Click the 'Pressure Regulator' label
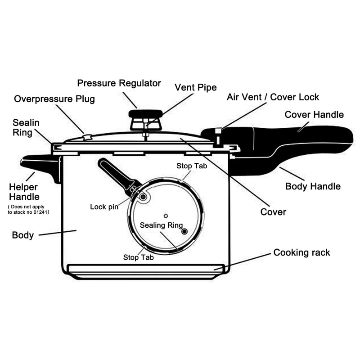[x=119, y=83]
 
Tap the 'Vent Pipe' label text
[x=195, y=87]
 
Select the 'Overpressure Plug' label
[x=54, y=99]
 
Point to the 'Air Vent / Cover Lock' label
[x=273, y=97]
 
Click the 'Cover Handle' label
[x=314, y=115]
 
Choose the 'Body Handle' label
[x=313, y=186]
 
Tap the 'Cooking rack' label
[x=301, y=252]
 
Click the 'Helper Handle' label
[x=24, y=192]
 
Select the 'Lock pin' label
[x=104, y=207]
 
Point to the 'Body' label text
[x=22, y=235]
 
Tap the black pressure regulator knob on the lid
[x=145, y=114]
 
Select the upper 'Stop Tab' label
[x=192, y=166]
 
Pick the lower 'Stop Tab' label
[x=139, y=257]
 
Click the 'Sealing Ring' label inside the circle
[x=161, y=225]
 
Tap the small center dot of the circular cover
[x=166, y=216]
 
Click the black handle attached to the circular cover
[x=115, y=174]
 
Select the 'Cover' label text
[x=273, y=211]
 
